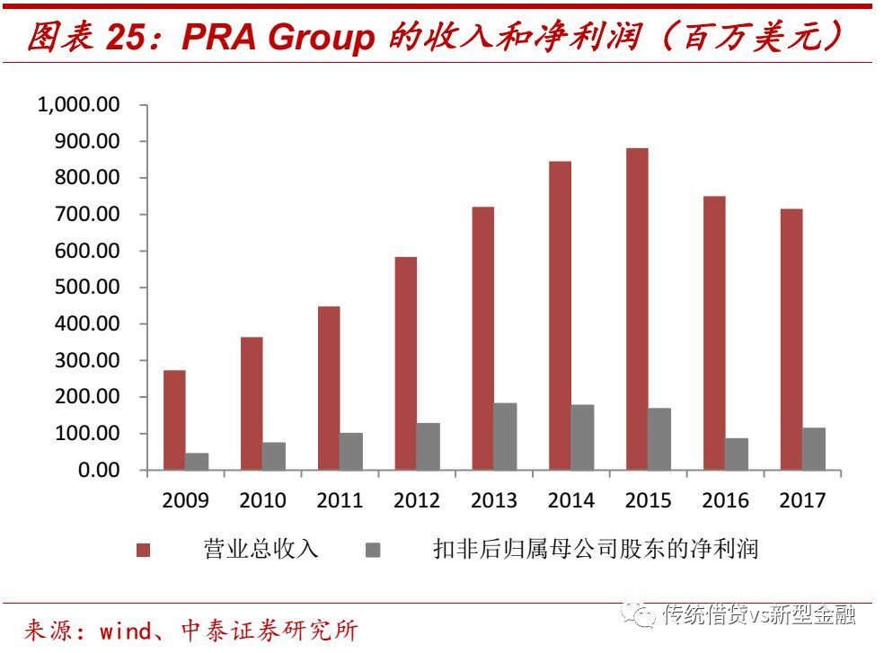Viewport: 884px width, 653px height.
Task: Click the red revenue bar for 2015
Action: coord(637,308)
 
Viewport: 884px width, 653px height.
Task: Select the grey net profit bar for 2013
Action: coord(506,437)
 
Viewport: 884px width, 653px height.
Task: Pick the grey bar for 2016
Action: coord(737,454)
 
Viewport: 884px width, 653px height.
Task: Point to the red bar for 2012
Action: coord(406,363)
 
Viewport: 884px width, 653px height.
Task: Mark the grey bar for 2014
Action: coord(583,437)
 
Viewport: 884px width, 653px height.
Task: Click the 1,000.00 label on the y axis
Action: coord(78,105)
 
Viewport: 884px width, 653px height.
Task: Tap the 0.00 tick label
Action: coord(98,470)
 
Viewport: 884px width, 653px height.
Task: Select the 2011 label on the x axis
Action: coord(340,500)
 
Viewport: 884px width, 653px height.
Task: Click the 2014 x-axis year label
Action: coord(570,500)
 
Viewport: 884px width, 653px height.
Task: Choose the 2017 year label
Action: coord(801,500)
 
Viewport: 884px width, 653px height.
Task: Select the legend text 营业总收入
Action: coord(261,549)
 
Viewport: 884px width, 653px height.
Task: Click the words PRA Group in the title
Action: coord(278,38)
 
